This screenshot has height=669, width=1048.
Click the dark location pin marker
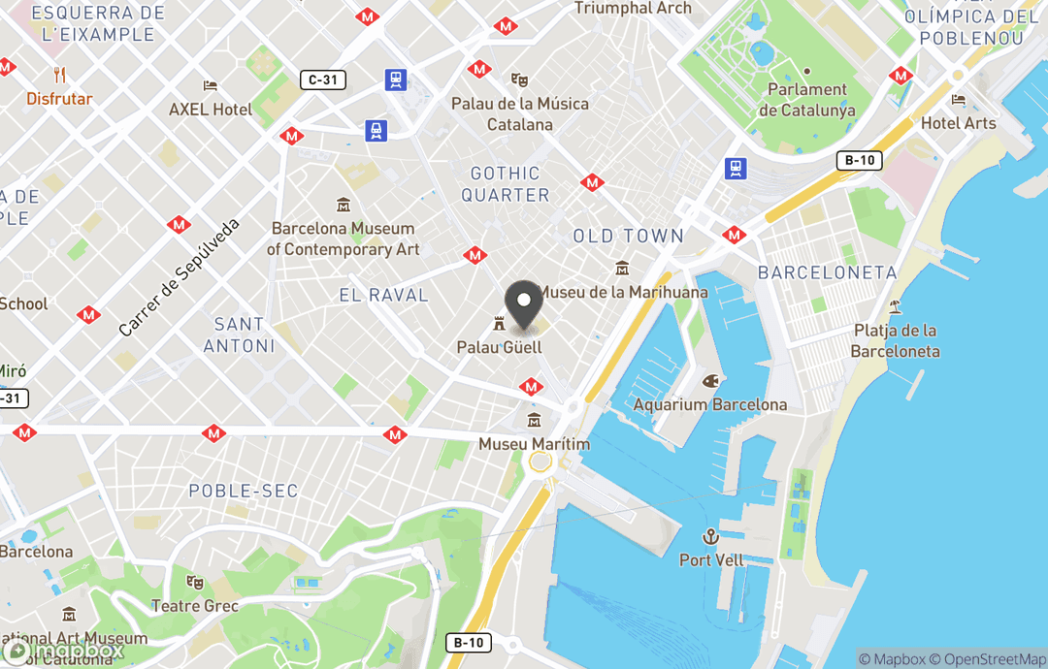click(x=524, y=304)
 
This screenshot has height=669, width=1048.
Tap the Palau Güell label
click(x=500, y=346)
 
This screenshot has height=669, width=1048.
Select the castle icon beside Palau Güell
click(x=500, y=323)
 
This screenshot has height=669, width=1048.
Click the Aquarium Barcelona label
click(x=710, y=404)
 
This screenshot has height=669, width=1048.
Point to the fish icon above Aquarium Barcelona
click(x=711, y=380)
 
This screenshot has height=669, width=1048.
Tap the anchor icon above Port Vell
click(x=711, y=536)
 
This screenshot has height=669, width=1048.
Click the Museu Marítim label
click(x=534, y=444)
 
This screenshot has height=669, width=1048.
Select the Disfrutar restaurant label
click(x=59, y=99)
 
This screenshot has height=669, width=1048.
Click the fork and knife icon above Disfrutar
click(x=60, y=75)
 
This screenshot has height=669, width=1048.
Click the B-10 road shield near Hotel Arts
click(x=859, y=161)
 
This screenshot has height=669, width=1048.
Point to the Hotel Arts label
click(x=959, y=123)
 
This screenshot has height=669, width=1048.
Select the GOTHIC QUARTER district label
click(x=505, y=184)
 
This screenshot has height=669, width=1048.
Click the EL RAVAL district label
click(x=384, y=295)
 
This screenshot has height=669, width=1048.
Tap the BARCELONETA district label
click(x=828, y=272)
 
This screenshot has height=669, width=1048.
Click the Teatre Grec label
click(x=195, y=606)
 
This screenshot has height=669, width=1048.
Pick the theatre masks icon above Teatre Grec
click(x=195, y=583)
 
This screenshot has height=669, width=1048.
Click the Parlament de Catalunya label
click(x=807, y=100)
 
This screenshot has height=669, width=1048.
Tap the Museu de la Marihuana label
click(x=622, y=292)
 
